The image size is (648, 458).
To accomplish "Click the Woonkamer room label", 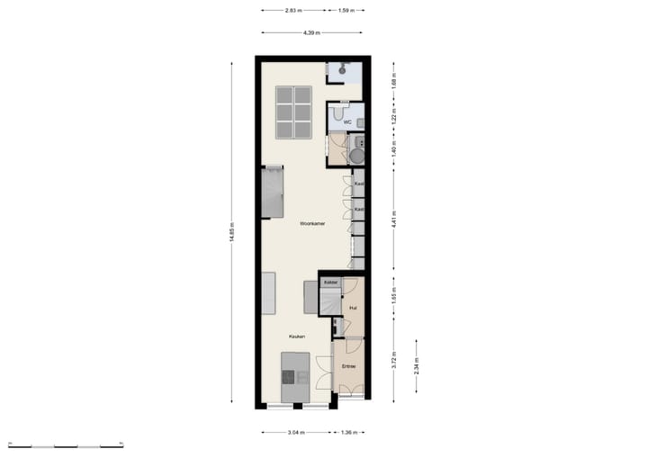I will pyautogui.click(x=312, y=224).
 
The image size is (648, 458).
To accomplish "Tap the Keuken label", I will pyautogui.click(x=296, y=337).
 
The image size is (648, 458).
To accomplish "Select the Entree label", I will pyautogui.click(x=349, y=366).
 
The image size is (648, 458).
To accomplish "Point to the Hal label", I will pyautogui.click(x=353, y=308).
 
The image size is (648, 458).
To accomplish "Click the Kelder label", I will pyautogui.click(x=330, y=283).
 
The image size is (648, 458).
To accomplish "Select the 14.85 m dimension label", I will pyautogui.click(x=232, y=232).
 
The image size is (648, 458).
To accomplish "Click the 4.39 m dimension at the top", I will pyautogui.click(x=311, y=33).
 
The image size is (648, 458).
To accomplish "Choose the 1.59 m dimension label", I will pyautogui.click(x=346, y=11).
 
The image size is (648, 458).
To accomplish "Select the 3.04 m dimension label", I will pyautogui.click(x=296, y=432).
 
